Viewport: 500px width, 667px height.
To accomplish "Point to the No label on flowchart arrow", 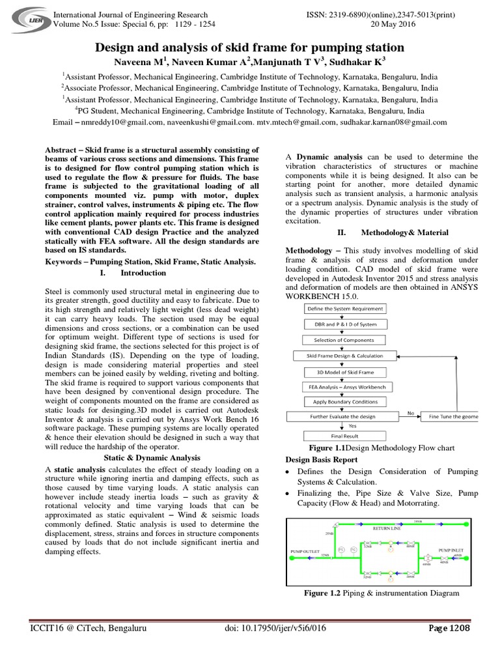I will (410, 412).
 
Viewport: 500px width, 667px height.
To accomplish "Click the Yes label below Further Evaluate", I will (352, 426).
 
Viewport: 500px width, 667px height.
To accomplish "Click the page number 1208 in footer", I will (449, 629).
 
